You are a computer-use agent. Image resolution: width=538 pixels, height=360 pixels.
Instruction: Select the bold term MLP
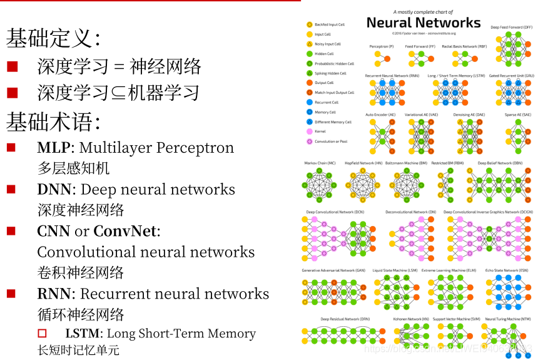click(53, 148)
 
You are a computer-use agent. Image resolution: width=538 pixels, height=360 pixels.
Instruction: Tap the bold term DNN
click(54, 190)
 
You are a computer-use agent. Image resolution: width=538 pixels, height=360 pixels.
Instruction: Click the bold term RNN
click(53, 294)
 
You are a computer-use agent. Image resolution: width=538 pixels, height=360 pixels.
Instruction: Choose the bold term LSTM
click(84, 334)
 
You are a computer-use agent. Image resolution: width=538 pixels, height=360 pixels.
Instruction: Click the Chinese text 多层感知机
click(73, 168)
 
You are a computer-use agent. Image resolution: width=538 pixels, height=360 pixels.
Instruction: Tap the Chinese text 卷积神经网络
click(81, 272)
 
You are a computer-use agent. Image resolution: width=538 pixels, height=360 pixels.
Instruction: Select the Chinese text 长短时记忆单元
click(78, 351)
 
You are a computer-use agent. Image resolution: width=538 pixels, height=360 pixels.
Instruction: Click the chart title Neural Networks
click(424, 23)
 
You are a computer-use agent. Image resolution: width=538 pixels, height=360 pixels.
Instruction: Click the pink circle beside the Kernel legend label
click(309, 131)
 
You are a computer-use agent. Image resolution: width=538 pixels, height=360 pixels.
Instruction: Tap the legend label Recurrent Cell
click(327, 102)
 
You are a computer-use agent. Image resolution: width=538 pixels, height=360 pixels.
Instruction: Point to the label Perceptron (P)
click(382, 46)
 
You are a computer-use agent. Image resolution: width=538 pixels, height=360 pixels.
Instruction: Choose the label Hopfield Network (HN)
click(359, 163)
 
